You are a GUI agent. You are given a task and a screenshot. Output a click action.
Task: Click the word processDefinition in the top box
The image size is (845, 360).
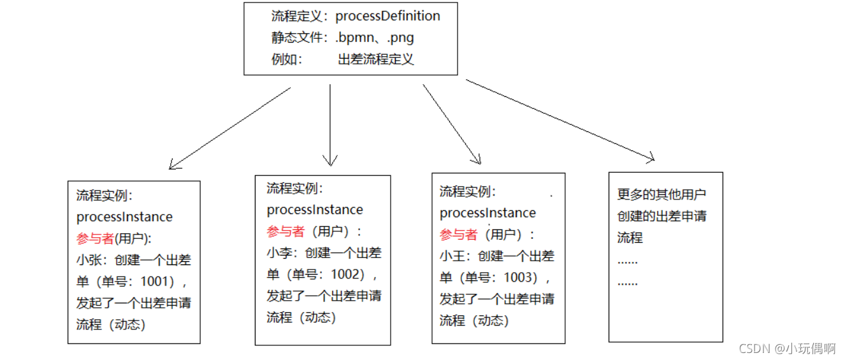[x=387, y=16]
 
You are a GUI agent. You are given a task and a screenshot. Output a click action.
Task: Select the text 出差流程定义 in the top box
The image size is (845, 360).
[x=376, y=59]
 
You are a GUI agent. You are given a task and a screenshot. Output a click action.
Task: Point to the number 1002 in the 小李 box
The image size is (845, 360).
[x=348, y=274]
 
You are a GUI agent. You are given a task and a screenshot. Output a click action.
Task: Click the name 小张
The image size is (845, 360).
[x=89, y=260]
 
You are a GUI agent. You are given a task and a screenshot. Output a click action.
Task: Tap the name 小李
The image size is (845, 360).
[x=278, y=253]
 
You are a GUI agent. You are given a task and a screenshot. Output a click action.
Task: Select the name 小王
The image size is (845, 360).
[x=452, y=256]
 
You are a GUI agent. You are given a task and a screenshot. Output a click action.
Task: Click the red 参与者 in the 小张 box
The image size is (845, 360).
[x=95, y=238]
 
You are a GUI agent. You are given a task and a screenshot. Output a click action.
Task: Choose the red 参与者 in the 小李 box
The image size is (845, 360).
[x=285, y=231]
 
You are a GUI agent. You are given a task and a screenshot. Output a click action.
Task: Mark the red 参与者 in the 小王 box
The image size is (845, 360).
[x=458, y=234]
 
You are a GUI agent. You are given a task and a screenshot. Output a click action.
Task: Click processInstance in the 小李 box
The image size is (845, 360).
[x=315, y=210]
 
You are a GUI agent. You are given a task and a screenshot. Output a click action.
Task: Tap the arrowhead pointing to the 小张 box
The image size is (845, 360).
[x=173, y=166]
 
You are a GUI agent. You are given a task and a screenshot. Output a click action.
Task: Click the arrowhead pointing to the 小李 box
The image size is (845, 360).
[x=329, y=161]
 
